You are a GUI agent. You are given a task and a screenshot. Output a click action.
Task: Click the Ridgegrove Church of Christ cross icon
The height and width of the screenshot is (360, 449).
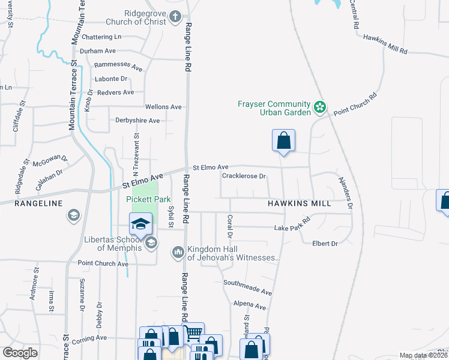click(175, 16)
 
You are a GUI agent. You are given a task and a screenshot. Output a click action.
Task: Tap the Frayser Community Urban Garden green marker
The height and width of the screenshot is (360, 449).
click(320, 108)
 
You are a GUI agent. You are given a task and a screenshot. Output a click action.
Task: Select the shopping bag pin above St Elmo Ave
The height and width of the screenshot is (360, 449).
click(283, 141)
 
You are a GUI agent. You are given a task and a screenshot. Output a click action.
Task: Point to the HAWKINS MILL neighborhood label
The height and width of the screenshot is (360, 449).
click(299, 203)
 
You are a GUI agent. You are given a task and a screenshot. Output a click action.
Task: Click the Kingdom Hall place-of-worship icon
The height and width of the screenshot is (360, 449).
click(178, 251)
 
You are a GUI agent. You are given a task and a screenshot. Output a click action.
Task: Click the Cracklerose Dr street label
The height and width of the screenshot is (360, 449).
click(244, 176)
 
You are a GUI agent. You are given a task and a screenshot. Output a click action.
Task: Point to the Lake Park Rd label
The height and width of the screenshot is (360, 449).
click(292, 225)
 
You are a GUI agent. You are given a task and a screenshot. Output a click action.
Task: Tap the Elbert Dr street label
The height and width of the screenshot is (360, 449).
click(325, 243)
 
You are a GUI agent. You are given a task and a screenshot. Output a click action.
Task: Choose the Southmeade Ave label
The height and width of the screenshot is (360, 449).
click(247, 286)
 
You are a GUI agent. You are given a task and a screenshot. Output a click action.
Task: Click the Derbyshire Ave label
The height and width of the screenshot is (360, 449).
click(137, 121)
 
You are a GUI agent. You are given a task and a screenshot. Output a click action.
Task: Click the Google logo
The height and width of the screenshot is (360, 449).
click(20, 353)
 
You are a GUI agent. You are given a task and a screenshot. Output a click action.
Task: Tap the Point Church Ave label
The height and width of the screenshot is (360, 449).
click(103, 263)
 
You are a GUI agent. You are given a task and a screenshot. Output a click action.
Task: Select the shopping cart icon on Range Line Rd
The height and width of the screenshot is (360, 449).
click(193, 332)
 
